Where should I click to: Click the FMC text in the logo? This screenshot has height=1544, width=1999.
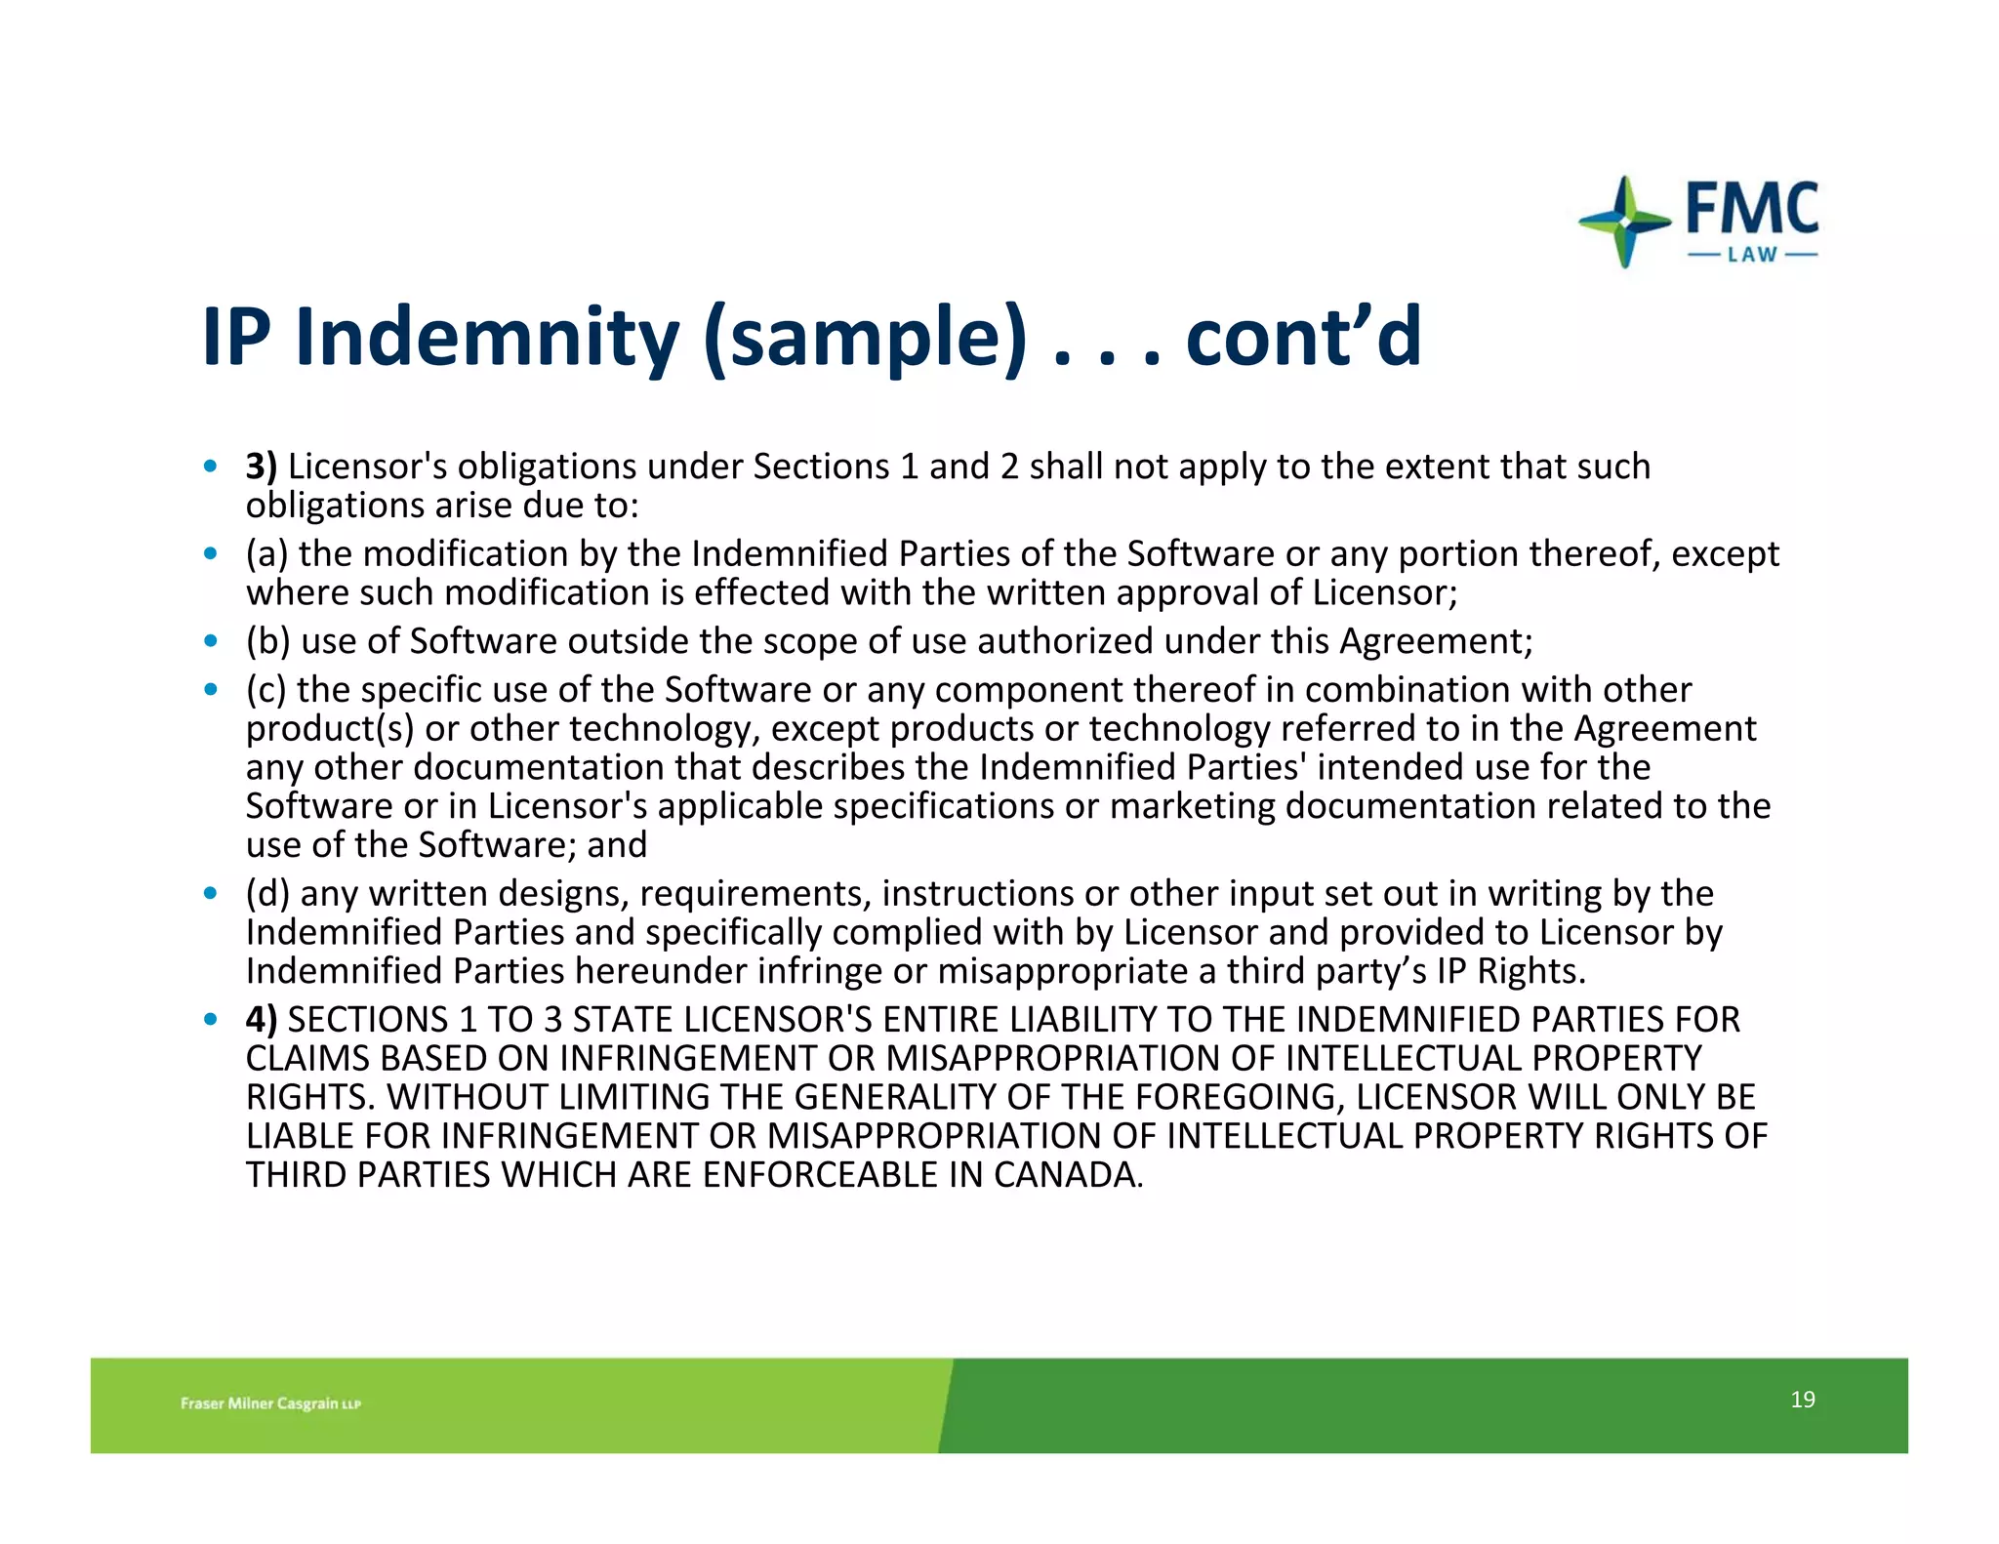pyautogui.click(x=1752, y=208)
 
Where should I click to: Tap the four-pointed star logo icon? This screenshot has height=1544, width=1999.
pyautogui.click(x=1624, y=222)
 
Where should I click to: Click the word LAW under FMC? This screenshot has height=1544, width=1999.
pyautogui.click(x=1753, y=255)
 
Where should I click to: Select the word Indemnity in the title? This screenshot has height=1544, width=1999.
pyautogui.click(x=487, y=337)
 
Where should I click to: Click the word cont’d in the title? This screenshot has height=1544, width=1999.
pyautogui.click(x=1303, y=337)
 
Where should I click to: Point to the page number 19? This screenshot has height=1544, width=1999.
pyautogui.click(x=1802, y=1400)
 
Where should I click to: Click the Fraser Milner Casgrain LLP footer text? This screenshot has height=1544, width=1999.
pyautogui.click(x=270, y=1403)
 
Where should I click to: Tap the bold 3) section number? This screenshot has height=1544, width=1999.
pyautogui.click(x=262, y=467)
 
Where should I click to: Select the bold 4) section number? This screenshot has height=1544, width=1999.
pyautogui.click(x=262, y=1020)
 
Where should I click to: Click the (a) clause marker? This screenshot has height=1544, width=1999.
pyautogui.click(x=266, y=554)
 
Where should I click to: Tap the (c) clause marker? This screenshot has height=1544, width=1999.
pyautogui.click(x=265, y=690)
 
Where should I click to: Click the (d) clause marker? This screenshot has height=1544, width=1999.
pyautogui.click(x=267, y=894)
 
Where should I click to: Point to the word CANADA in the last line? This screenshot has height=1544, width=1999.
pyautogui.click(x=1067, y=1175)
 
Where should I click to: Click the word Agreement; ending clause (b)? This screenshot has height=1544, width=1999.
pyautogui.click(x=1436, y=641)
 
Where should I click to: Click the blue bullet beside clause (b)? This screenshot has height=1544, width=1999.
pyautogui.click(x=210, y=642)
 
